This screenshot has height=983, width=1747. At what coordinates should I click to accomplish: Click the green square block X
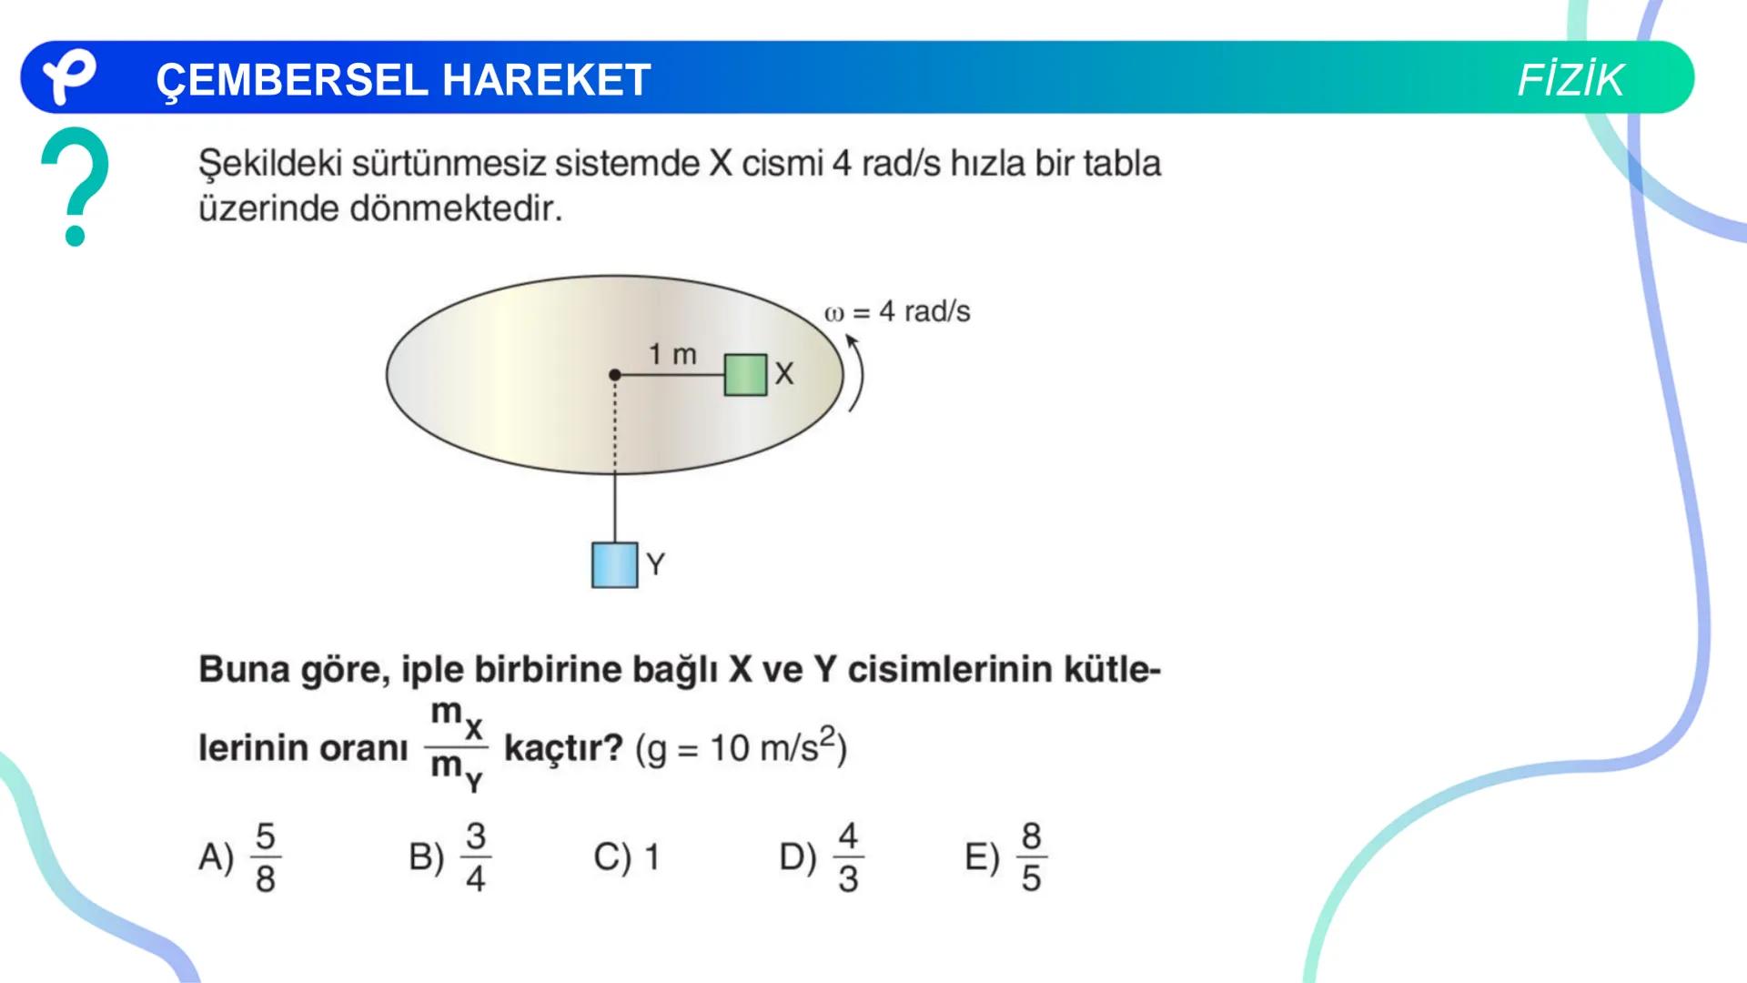click(745, 375)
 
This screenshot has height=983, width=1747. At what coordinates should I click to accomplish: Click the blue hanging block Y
click(614, 564)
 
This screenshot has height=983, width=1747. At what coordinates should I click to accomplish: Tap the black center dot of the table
click(615, 374)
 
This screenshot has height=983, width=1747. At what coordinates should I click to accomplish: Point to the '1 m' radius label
click(672, 353)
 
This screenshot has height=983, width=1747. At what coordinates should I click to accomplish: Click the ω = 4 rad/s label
click(897, 311)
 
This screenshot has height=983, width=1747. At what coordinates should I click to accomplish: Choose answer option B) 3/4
click(450, 856)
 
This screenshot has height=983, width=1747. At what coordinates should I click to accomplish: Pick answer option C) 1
click(626, 856)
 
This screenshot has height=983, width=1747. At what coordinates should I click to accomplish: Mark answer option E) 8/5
click(1006, 856)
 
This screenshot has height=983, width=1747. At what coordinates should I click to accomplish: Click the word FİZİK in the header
click(1570, 80)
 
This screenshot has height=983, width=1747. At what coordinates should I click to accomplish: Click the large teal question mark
click(76, 185)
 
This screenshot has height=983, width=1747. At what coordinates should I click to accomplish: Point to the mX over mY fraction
click(457, 747)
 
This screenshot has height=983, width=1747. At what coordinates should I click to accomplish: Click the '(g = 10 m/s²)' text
click(741, 747)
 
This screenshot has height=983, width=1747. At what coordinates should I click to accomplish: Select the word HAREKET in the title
click(546, 80)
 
